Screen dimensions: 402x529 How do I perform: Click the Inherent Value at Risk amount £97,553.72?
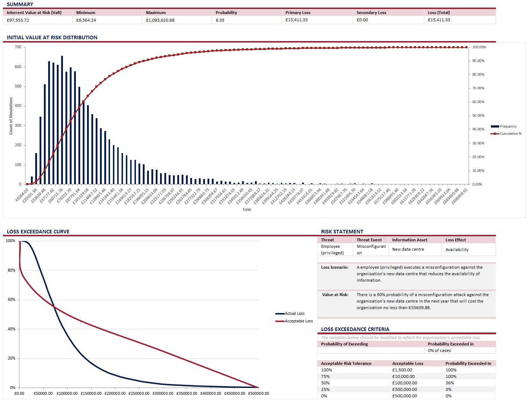click(x=18, y=20)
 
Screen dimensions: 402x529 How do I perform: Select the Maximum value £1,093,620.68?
click(x=160, y=20)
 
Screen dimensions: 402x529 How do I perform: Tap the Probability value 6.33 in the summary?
click(x=220, y=20)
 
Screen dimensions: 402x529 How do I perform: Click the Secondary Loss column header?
click(x=371, y=13)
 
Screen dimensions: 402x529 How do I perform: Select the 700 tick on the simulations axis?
click(x=18, y=47)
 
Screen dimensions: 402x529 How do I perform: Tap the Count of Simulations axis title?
click(x=11, y=116)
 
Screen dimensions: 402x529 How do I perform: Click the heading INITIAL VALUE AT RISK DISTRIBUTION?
click(x=52, y=37)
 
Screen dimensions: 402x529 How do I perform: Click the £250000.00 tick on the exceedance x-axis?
click(x=139, y=393)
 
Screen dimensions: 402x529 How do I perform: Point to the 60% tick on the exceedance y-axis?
click(x=12, y=300)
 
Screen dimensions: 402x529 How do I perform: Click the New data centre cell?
click(x=408, y=249)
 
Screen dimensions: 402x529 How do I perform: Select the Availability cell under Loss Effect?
click(x=457, y=250)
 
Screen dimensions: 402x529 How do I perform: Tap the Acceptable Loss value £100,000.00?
click(x=405, y=383)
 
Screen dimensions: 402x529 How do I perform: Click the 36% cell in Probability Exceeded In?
click(x=450, y=383)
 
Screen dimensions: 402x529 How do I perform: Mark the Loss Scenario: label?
click(x=334, y=267)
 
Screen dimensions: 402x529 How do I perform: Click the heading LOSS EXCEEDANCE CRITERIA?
click(x=355, y=329)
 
